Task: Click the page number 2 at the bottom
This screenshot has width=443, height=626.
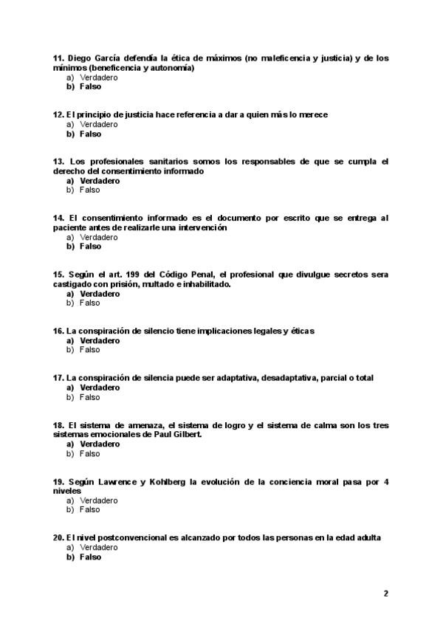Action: coord(385,593)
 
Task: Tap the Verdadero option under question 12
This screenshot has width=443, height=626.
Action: coord(98,125)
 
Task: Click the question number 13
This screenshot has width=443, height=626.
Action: coord(58,162)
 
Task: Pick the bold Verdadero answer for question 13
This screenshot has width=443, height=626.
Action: coord(100,180)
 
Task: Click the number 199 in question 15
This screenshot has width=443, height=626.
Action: coord(145,275)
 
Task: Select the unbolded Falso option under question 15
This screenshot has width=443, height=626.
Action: coord(89,303)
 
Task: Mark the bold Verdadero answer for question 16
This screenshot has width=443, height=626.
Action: coord(100,340)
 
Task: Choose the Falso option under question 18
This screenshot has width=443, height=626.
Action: coord(89,454)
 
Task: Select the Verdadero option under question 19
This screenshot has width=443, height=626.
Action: coord(98,501)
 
